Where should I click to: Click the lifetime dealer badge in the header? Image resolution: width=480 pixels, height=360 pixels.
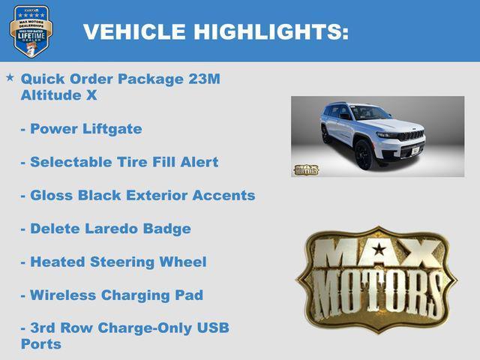30,31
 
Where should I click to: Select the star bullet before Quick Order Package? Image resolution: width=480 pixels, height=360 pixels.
10,77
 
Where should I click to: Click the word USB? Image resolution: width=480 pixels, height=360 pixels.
212,328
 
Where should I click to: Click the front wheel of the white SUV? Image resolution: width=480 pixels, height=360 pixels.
364,155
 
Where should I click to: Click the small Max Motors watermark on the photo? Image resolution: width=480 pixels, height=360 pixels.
306,169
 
